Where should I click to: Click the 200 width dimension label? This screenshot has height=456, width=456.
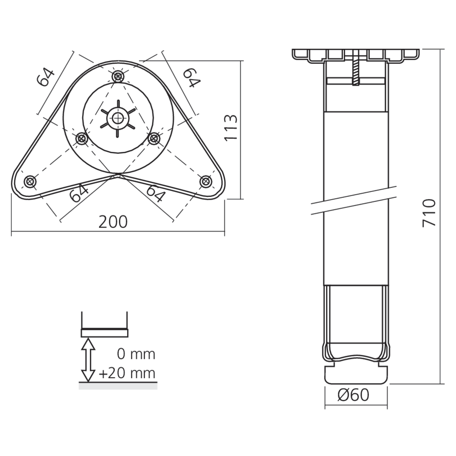[113, 222]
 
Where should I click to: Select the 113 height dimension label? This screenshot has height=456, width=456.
[231, 128]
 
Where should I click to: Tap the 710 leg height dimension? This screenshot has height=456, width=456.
[429, 212]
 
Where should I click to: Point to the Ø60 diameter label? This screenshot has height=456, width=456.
[353, 395]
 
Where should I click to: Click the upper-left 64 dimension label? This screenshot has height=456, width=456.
[46, 78]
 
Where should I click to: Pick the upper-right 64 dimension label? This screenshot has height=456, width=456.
[192, 78]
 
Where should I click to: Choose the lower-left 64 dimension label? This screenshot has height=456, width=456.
[79, 193]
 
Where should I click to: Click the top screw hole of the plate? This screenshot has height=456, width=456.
[118, 77]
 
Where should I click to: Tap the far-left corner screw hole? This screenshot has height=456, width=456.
[30, 182]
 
